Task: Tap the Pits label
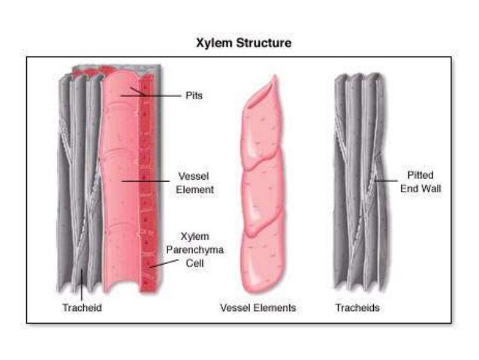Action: coord(194,96)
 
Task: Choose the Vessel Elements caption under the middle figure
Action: coord(258,308)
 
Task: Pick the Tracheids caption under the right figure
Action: coord(358,308)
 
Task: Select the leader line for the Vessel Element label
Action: coord(146,180)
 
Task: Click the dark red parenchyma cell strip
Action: coord(147,188)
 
